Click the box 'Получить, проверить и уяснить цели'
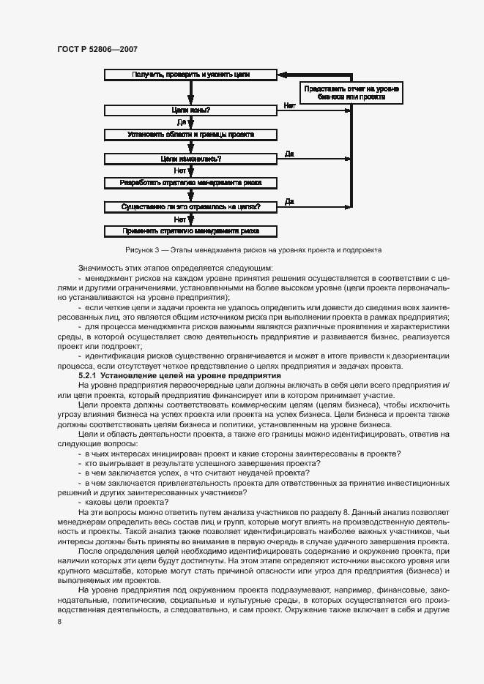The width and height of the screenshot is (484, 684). point(190,75)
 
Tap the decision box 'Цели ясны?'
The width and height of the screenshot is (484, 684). point(190,110)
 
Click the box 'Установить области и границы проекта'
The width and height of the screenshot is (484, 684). point(190,135)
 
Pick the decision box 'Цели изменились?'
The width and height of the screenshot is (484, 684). point(190,159)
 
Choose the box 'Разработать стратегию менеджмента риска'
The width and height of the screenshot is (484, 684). point(190,183)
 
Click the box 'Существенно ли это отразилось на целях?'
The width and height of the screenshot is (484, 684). point(190,207)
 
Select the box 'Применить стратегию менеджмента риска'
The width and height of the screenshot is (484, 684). point(190,231)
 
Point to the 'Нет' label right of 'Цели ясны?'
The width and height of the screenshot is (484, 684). point(289,106)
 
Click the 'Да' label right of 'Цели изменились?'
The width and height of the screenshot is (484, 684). point(289,154)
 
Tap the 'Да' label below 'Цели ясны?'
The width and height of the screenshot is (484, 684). point(181,122)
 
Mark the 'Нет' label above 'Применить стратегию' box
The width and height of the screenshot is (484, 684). point(180,219)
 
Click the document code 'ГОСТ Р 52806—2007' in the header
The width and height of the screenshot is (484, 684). point(97,49)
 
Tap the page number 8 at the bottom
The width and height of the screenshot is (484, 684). point(59,621)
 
